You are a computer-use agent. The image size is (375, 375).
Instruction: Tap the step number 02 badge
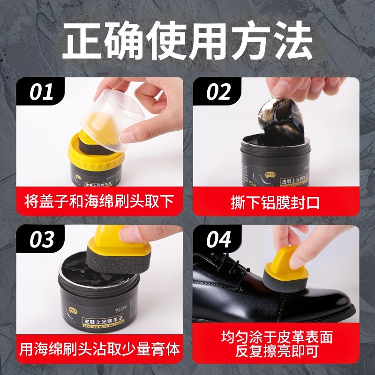point(218,92)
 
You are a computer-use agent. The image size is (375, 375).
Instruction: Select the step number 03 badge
point(42,240)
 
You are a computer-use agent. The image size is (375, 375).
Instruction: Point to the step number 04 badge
point(219,240)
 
